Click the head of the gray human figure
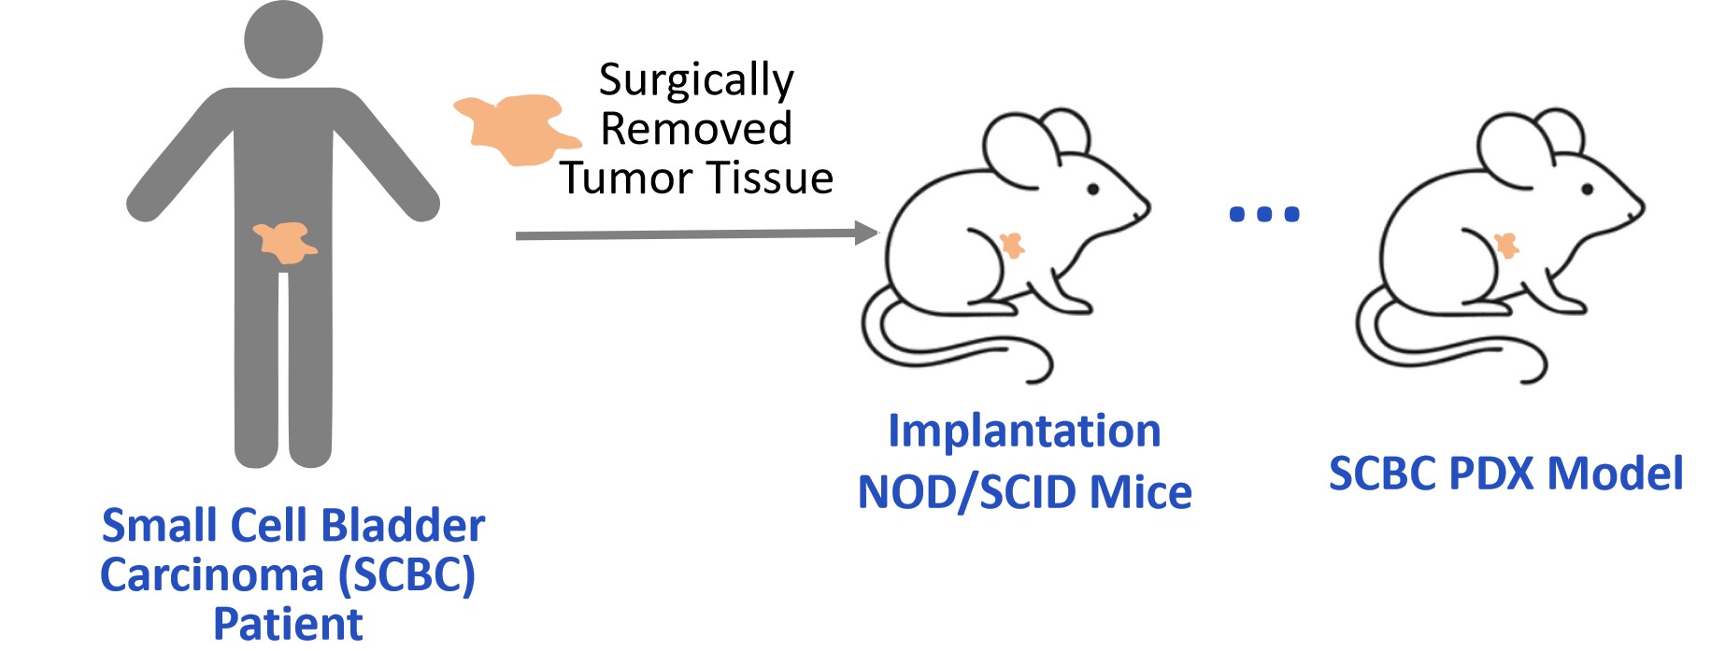point(283,39)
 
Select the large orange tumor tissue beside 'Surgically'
point(513,129)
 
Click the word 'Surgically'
point(696,79)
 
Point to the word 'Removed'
point(696,128)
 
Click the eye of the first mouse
point(1092,190)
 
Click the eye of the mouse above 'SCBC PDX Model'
point(1586,190)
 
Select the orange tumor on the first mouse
point(1011,246)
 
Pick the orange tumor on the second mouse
point(1505,246)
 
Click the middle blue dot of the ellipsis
point(1264,215)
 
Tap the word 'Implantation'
point(1024,431)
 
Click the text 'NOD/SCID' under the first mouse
point(964,492)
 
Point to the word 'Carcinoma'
point(213,574)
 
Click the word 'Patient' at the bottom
point(288,624)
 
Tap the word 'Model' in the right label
point(1615,474)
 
